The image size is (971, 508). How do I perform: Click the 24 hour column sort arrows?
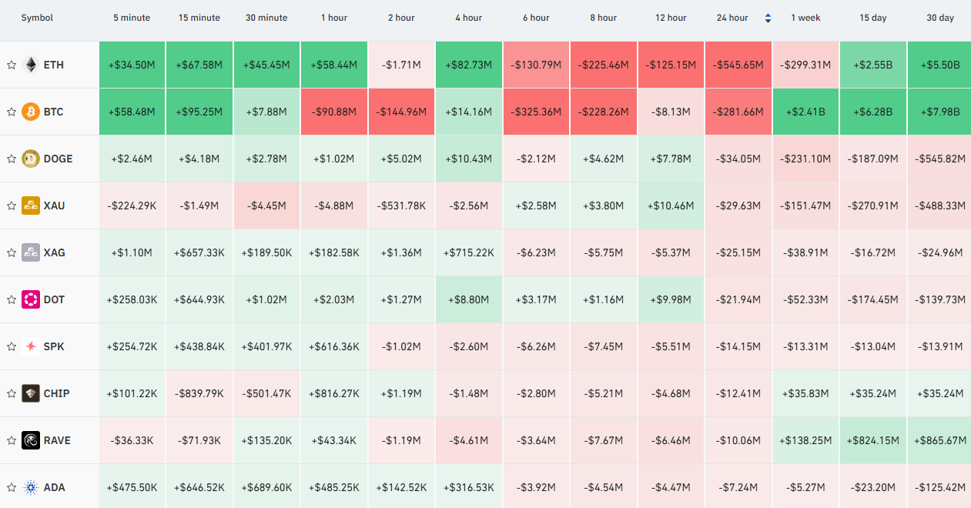point(768,18)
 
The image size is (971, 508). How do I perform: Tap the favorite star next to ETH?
point(12,65)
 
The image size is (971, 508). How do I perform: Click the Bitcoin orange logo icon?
point(31,112)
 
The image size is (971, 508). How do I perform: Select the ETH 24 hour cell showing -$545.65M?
point(738,65)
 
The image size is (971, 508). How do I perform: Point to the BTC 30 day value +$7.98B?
point(940,112)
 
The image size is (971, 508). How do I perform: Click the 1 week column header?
point(805,18)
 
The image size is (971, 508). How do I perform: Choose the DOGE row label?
point(58,159)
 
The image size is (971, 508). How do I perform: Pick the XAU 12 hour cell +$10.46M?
point(671,206)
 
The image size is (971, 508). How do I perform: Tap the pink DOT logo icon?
point(31,299)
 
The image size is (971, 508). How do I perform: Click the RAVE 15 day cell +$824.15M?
point(873,440)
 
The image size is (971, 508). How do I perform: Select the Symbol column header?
point(37,18)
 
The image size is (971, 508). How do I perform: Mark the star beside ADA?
point(12,488)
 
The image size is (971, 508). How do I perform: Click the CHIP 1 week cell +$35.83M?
point(805,393)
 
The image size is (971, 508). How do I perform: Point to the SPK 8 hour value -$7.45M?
point(604,346)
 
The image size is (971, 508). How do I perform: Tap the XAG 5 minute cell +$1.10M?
point(132,252)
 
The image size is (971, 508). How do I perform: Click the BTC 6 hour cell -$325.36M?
point(536,112)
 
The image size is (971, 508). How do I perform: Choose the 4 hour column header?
point(469,18)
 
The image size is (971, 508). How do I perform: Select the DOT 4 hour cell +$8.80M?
point(469,299)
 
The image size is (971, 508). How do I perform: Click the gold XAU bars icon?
point(31,206)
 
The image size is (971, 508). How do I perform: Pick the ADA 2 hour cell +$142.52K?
point(401,488)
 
